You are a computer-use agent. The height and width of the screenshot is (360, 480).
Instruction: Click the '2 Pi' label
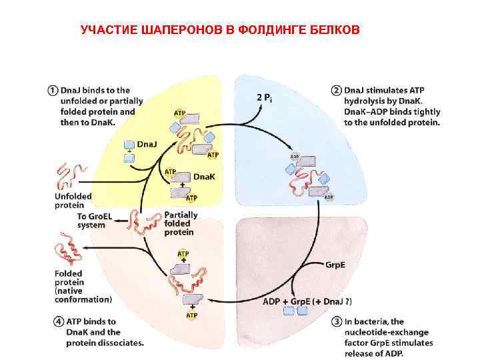(264, 97)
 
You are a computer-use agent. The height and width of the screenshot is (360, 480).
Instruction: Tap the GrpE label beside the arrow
(335, 265)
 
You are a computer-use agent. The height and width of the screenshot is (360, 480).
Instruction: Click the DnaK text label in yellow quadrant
(204, 177)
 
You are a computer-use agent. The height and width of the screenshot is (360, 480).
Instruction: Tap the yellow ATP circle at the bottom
(191, 315)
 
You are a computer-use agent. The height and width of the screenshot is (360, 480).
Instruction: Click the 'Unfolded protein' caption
(69, 201)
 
